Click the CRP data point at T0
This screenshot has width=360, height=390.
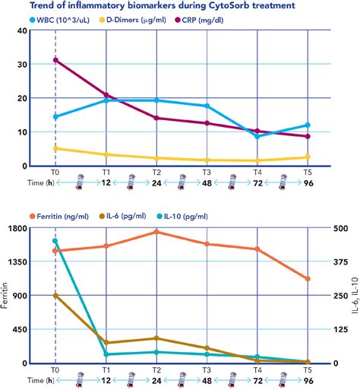(55, 60)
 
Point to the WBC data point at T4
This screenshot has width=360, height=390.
(257, 136)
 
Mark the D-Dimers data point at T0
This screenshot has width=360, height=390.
(55, 148)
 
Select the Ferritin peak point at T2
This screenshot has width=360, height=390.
(156, 232)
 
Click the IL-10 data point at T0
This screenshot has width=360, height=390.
(55, 241)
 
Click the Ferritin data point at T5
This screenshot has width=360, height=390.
(308, 279)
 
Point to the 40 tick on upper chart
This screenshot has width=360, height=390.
(21, 30)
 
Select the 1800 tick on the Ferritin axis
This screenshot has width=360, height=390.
(17, 228)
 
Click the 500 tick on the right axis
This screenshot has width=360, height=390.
(339, 228)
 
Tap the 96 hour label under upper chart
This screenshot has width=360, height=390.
(308, 182)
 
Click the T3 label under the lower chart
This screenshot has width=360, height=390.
(207, 369)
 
